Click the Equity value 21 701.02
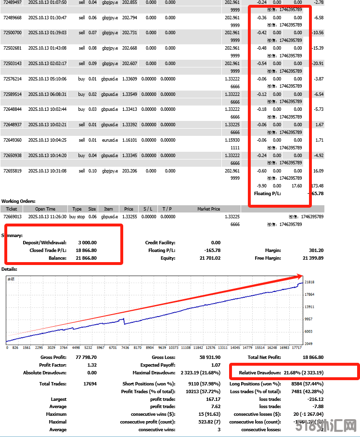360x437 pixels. pos(210,258)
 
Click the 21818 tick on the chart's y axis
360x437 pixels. pos(309,282)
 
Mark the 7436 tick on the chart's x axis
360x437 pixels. pos(125,347)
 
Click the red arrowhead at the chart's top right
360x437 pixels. pos(301,277)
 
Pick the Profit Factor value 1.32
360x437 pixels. pos(91,365)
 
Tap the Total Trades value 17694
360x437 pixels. pos(90,384)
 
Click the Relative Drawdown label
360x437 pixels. pos(260,373)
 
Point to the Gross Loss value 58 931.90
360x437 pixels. pos(208,358)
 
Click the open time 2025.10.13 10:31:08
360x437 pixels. pos(47,171)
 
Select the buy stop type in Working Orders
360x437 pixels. pos(77,217)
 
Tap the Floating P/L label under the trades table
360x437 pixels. pos(267,194)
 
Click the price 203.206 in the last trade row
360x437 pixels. pos(129,171)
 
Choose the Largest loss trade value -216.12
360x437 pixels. pos(315,399)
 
